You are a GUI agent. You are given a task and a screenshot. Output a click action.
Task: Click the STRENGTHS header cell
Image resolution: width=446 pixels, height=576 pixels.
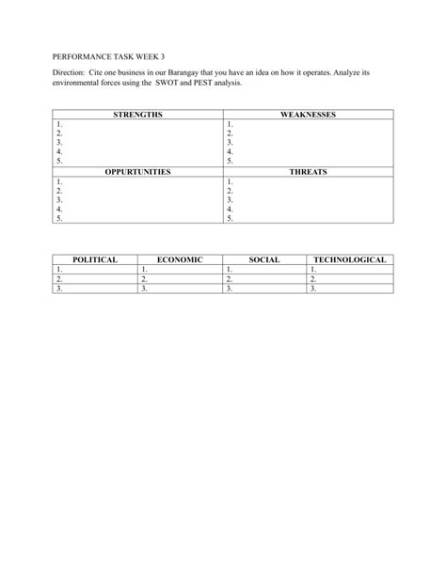pos(137,114)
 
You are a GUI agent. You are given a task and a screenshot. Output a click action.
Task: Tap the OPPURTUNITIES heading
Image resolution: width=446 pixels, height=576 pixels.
pos(137,173)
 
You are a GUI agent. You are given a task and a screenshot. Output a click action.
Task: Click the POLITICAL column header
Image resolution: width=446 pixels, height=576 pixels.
pos(95,258)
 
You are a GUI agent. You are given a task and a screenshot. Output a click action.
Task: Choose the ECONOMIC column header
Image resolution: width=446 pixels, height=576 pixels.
pos(180,258)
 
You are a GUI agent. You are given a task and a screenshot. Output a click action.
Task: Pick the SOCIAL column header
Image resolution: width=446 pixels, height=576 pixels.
pos(264,258)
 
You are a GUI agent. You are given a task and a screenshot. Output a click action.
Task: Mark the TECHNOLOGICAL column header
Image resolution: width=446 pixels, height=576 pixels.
pos(350,258)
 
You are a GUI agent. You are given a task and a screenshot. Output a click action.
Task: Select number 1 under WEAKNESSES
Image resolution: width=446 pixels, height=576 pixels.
pos(229,123)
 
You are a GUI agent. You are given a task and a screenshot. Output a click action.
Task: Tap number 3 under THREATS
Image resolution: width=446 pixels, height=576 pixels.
pos(229,200)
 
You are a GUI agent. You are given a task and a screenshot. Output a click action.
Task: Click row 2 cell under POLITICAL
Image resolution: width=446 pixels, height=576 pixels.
pos(95,279)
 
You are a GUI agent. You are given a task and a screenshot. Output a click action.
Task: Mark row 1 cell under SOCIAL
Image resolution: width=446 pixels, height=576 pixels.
pos(264,269)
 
